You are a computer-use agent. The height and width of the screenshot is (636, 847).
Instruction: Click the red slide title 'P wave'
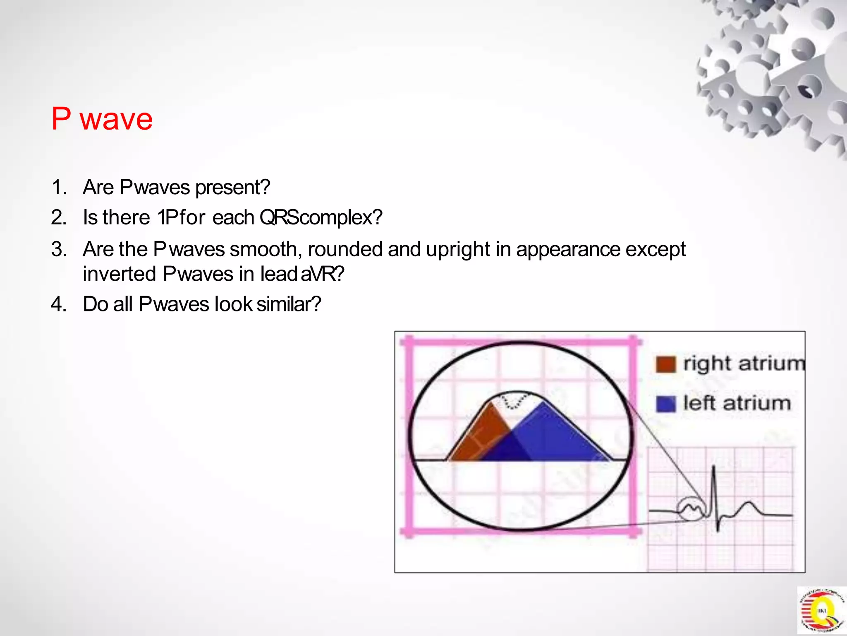102,119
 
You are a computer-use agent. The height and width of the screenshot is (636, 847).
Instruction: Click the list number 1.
59,187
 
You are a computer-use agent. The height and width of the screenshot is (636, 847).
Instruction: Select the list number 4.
59,304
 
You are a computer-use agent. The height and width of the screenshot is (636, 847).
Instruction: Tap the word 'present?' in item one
233,188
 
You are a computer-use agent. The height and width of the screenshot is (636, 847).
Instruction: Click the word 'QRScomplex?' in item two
321,217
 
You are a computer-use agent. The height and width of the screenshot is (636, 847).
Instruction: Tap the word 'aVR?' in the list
322,274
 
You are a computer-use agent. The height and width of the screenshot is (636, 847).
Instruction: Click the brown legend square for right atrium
665,364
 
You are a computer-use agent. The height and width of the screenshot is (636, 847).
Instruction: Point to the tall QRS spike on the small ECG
714,484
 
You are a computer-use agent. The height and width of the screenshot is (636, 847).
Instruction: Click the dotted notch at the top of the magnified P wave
513,401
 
